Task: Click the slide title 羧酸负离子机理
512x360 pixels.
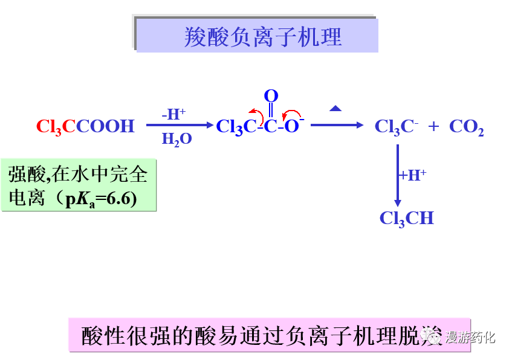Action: [x=262, y=37]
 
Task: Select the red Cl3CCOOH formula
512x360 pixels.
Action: [x=85, y=126]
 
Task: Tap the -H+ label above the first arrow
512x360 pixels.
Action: [x=173, y=114]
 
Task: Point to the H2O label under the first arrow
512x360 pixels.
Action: [x=177, y=140]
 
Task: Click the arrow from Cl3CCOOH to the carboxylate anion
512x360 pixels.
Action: [x=180, y=126]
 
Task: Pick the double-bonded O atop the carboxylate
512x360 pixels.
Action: [x=271, y=96]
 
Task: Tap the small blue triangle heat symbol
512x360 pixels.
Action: [x=335, y=108]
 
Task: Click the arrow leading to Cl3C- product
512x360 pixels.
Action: [x=337, y=125]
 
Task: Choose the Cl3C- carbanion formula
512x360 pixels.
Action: [x=397, y=127]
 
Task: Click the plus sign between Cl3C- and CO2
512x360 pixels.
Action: [x=433, y=126]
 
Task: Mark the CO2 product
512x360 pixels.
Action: [x=466, y=127]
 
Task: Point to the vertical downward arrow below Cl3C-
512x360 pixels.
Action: [x=397, y=175]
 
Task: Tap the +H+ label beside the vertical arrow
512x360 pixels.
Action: [x=413, y=176]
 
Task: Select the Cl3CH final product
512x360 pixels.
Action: [x=406, y=218]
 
